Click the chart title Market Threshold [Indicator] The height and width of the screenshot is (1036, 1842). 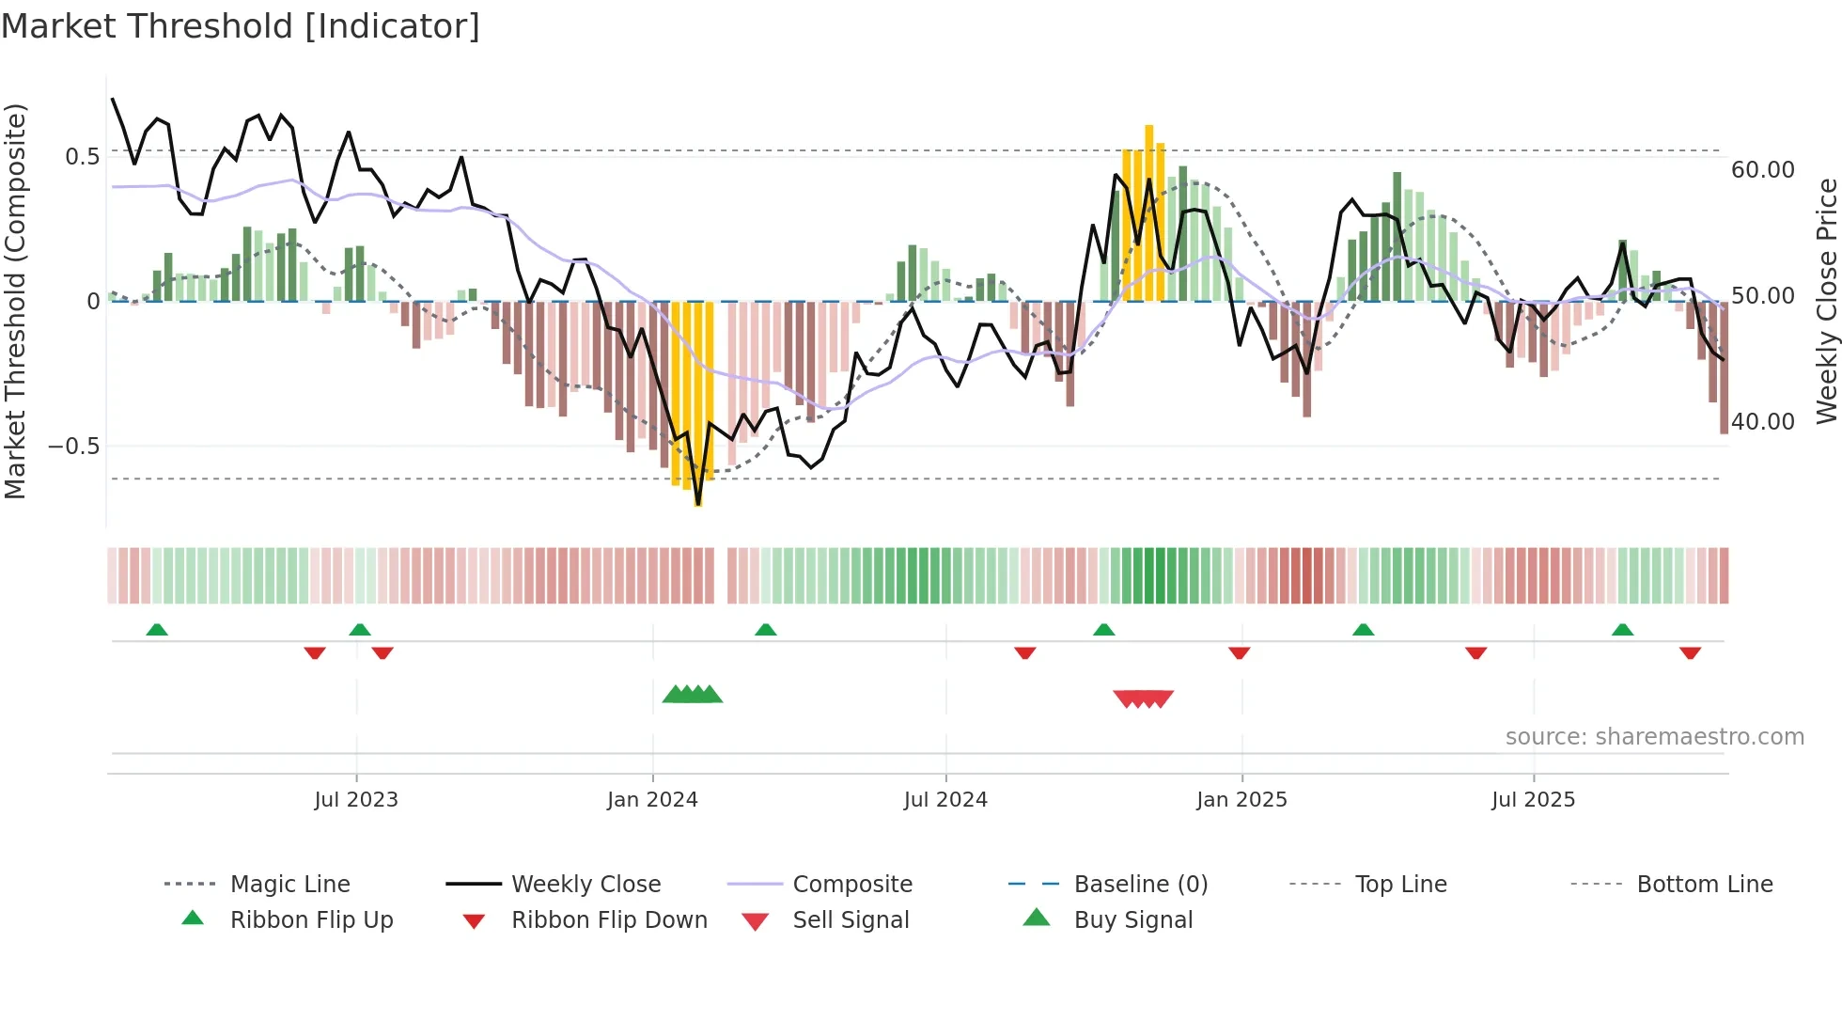coord(241,26)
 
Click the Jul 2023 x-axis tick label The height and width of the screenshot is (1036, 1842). coord(356,800)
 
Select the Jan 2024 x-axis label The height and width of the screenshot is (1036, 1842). coord(652,800)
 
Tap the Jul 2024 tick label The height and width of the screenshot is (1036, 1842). coord(945,800)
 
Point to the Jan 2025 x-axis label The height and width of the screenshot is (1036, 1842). coord(1241,800)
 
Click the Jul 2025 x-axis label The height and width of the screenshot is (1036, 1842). coord(1533,800)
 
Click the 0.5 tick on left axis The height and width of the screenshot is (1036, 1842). coord(82,157)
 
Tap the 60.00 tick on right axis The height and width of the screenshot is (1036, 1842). coord(1763,170)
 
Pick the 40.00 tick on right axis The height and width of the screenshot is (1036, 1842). coord(1763,422)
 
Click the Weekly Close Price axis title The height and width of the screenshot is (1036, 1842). coord(1826,301)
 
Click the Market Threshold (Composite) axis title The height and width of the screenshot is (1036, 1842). coord(15,301)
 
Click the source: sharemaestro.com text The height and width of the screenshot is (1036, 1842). coord(1654,737)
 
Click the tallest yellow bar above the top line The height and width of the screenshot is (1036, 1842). coord(1148,212)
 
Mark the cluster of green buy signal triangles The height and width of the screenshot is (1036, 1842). coord(693,695)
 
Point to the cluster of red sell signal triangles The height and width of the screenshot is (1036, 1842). coord(1143,699)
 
